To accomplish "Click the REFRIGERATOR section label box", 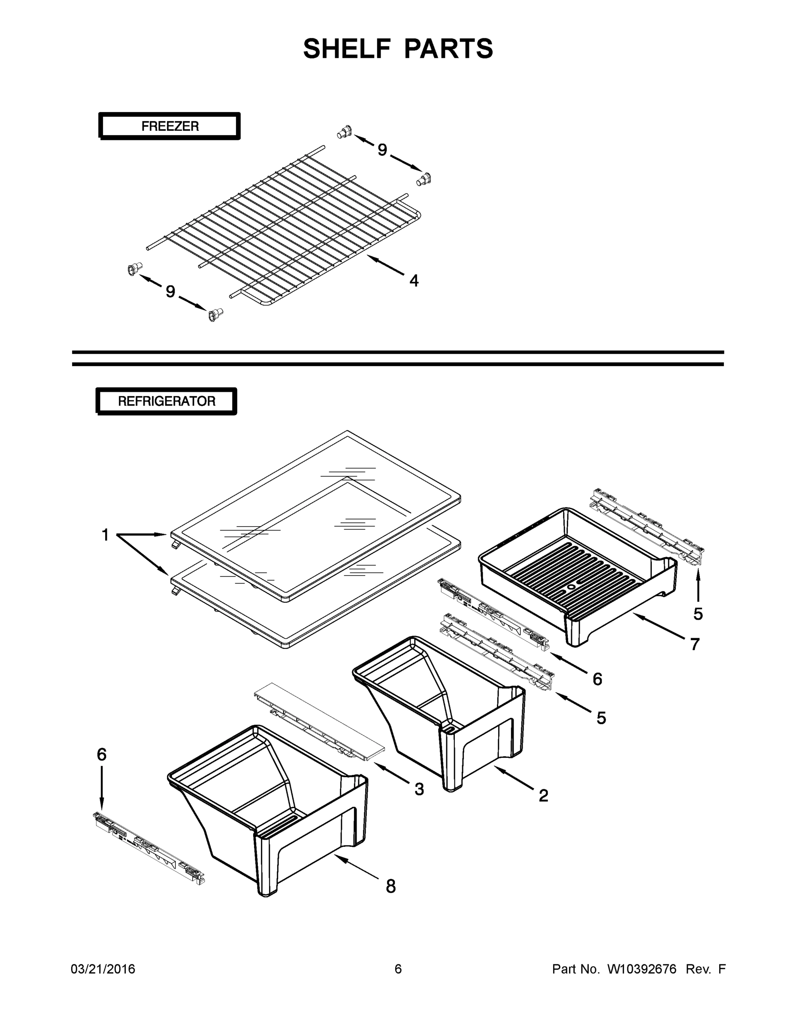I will [x=166, y=401].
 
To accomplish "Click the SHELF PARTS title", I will [x=398, y=48].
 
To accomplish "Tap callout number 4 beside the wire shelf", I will [x=414, y=281].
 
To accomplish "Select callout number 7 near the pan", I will [x=695, y=644].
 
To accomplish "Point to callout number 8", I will [x=390, y=887].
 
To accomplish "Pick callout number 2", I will [x=543, y=796].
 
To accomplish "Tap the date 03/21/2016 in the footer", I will [x=103, y=969].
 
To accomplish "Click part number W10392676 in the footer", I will [x=642, y=969].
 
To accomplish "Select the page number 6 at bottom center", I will [x=398, y=969].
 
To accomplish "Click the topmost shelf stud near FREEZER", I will [x=345, y=132].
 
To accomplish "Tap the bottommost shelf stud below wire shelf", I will [x=215, y=315].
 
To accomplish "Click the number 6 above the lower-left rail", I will [x=101, y=754].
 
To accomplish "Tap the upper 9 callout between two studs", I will [x=382, y=150].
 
